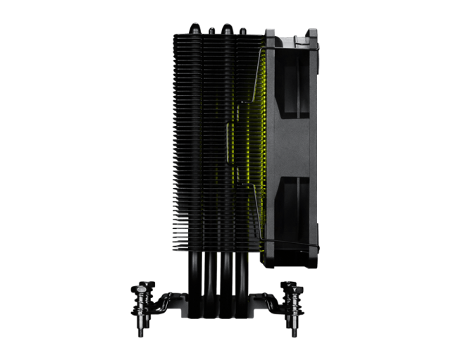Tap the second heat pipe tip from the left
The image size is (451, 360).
pos(211,28)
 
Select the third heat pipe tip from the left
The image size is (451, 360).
pos(227,27)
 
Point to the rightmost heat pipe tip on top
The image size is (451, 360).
pos(243,30)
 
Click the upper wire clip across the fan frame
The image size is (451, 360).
pos(290,48)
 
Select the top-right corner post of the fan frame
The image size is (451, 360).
pos(312,34)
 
